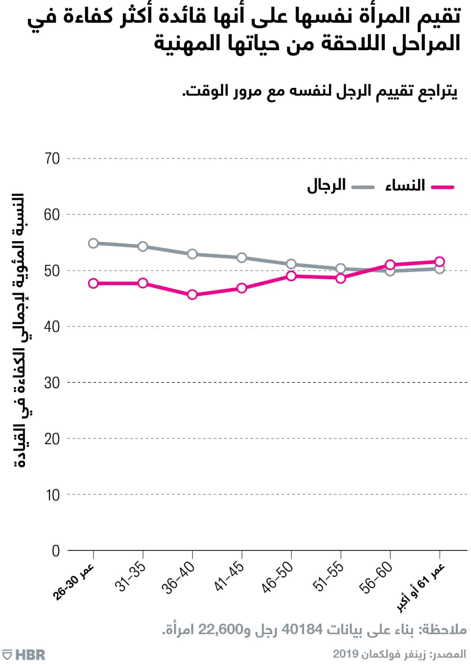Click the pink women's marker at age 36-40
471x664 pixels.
(x=192, y=295)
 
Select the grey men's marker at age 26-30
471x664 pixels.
(x=93, y=243)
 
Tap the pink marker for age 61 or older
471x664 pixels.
(x=440, y=262)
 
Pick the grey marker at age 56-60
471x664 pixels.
(x=390, y=271)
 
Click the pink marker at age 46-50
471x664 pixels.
(x=291, y=276)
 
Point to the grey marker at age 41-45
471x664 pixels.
(x=242, y=258)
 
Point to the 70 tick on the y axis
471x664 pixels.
(x=52, y=159)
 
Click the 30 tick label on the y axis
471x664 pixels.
(x=52, y=383)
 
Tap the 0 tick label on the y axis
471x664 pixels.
(x=56, y=551)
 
